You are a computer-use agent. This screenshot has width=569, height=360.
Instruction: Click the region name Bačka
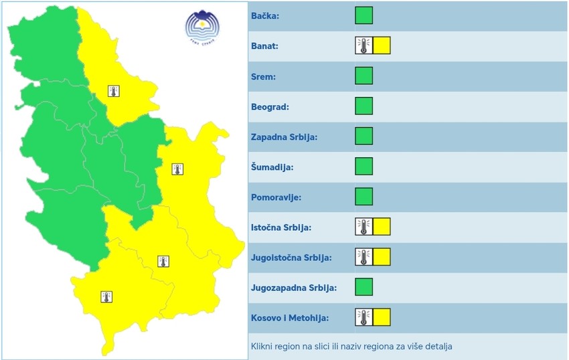point(265,16)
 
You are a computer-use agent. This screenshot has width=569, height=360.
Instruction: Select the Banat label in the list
point(265,46)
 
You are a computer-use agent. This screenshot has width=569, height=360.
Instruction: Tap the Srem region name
point(263,76)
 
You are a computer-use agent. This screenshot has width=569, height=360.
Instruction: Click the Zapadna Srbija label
point(284,137)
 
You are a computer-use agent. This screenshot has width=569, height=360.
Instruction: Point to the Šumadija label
point(272,167)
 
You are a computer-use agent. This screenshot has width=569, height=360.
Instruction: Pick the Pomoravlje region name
point(276,197)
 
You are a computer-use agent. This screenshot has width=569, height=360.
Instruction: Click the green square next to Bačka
point(363,15)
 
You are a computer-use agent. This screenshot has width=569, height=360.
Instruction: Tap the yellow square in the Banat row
point(382,46)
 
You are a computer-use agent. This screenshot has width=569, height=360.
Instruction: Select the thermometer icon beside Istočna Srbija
point(363,227)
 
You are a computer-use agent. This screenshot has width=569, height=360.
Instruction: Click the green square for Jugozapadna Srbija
point(363,287)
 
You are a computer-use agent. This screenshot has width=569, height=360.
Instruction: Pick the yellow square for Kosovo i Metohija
point(382,317)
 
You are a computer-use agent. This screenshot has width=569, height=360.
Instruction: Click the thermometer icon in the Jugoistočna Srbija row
point(363,257)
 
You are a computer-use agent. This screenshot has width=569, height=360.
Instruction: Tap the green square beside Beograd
point(363,106)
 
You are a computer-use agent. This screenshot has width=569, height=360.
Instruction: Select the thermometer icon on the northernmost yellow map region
point(114,91)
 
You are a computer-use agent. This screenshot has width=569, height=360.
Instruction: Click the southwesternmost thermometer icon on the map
point(106,296)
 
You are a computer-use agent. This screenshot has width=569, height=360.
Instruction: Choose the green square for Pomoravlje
point(363,197)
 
